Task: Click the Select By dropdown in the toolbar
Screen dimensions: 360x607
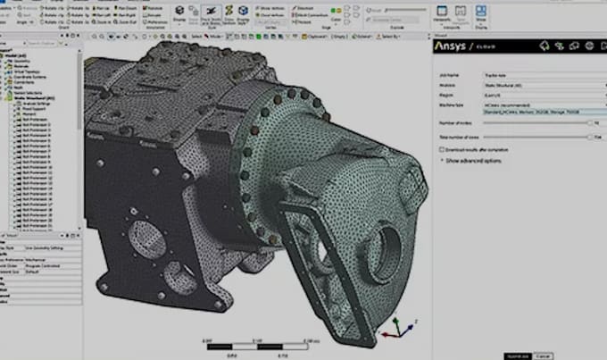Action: tap(389, 37)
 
